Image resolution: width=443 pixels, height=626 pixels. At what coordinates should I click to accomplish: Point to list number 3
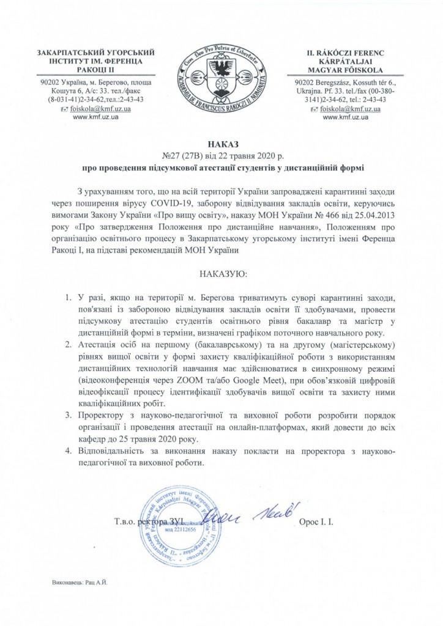(x=68, y=416)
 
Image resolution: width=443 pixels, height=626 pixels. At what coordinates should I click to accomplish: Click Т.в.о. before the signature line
(x=127, y=523)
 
